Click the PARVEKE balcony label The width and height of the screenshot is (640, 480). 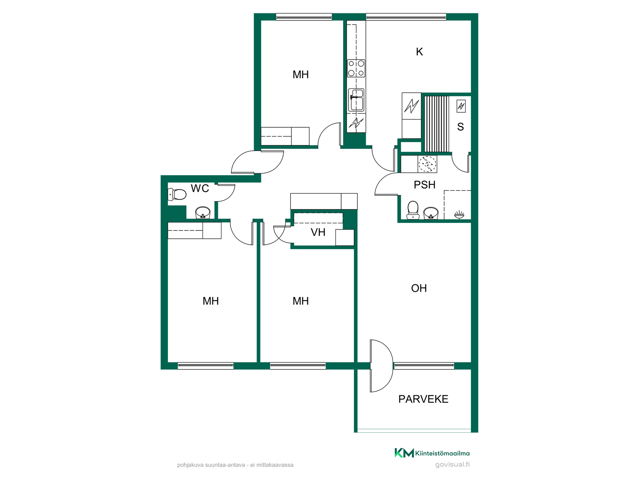423,399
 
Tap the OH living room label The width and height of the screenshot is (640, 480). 419,288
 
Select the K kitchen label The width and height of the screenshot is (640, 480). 419,52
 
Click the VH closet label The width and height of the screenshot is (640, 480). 318,232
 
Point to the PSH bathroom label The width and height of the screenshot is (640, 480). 425,185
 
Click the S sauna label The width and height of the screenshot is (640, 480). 461,127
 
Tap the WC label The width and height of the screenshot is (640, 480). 200,188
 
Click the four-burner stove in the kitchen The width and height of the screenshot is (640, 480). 356,68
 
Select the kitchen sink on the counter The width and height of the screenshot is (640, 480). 356,100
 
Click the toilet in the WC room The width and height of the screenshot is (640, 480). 177,194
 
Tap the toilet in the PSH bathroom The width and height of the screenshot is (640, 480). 413,210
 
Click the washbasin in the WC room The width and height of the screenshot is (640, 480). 203,212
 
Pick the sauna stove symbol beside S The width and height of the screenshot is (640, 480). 461,106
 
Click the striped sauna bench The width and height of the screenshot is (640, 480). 437,124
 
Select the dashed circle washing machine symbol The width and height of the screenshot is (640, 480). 427,164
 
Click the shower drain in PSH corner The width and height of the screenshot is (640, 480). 459,215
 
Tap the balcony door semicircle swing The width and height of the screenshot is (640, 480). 382,366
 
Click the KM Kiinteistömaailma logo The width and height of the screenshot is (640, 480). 432,453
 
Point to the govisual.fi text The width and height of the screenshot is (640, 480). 452,464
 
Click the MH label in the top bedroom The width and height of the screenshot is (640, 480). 301,75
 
